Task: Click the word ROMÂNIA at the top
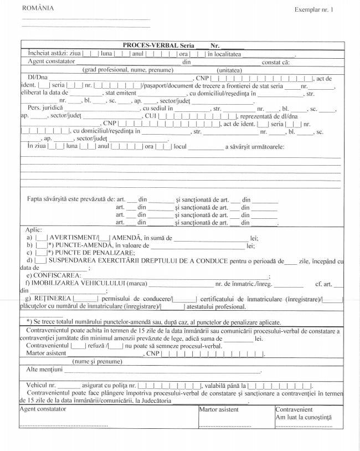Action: coord(38,8)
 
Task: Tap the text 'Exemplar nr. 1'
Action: coord(314,10)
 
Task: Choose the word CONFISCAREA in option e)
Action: coord(57,275)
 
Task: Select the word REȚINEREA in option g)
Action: coord(53,299)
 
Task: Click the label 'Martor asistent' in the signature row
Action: coord(219,409)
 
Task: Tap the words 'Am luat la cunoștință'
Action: coord(304,417)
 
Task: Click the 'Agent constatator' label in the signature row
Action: coord(43,409)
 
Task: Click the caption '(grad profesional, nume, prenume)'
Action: coord(120,70)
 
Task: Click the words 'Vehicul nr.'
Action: coord(40,385)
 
